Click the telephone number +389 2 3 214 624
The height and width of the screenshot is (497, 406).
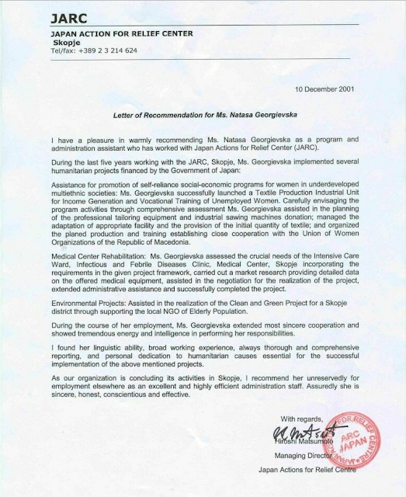pyautogui.click(x=93, y=50)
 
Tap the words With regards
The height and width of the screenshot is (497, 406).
pyautogui.click(x=301, y=419)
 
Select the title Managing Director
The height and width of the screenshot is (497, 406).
pyautogui.click(x=311, y=457)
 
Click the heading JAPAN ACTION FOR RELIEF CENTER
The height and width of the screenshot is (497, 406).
pyautogui.click(x=111, y=34)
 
